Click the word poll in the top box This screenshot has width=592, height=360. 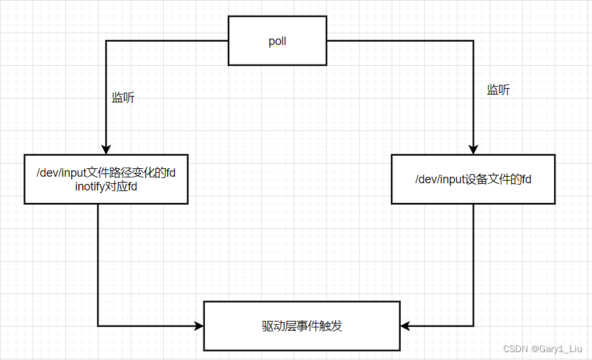277,42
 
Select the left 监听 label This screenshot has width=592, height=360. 123,98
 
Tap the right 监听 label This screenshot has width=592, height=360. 498,91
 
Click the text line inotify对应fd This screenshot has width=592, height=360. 106,186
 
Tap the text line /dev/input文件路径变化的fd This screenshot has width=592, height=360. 106,173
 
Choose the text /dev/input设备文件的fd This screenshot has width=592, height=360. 473,179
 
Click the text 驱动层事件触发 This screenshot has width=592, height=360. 302,326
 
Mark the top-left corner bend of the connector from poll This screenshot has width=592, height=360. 106,41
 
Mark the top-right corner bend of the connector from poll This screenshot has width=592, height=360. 473,41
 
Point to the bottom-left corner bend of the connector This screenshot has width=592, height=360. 98,325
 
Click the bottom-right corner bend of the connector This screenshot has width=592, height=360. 473,325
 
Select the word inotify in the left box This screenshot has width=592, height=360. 91,186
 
